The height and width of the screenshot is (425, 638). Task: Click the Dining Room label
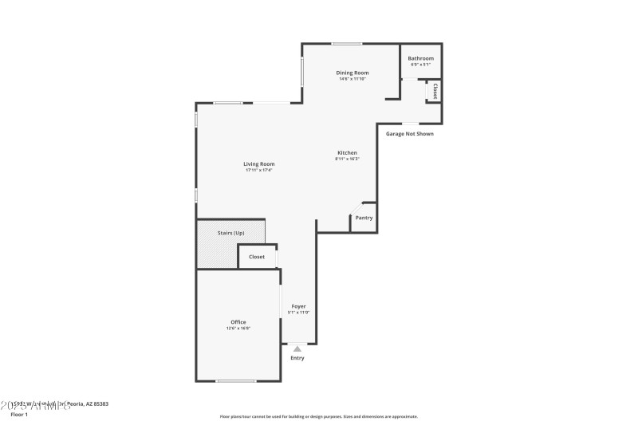[352, 73]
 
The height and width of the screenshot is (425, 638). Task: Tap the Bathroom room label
[420, 58]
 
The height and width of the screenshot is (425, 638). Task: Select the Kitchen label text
[347, 152]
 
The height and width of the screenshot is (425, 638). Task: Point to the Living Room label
[259, 164]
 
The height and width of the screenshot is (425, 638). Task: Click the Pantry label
[364, 218]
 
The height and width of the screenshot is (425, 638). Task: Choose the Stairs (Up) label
[230, 233]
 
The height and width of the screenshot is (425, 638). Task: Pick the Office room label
[238, 322]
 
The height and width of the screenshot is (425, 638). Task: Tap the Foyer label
[298, 306]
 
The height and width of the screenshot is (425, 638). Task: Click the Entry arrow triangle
[297, 348]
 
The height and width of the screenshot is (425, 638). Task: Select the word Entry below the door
[297, 358]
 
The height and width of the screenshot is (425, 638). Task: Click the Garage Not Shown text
[410, 134]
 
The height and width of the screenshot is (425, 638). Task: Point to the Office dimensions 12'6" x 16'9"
[238, 329]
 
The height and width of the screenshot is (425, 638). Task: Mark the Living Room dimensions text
[259, 171]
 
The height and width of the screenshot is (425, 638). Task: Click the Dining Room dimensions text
[352, 79]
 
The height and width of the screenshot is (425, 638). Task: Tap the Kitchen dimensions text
[347, 159]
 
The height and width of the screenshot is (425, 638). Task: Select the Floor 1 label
[18, 415]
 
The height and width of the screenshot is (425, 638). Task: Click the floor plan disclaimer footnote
[318, 416]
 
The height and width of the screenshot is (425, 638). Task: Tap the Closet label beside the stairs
[257, 257]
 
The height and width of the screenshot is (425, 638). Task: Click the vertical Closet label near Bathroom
[435, 92]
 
